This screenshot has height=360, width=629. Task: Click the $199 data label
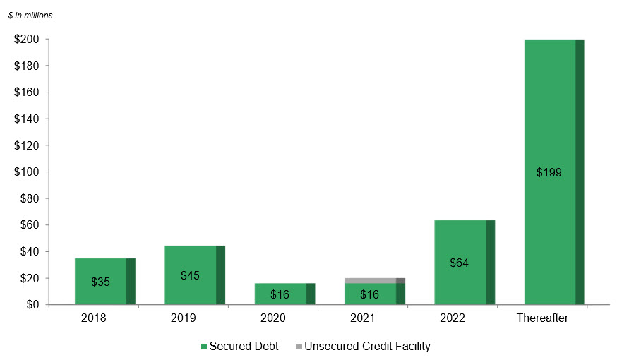549,172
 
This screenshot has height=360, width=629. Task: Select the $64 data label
459,263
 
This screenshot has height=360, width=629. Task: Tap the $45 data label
190,275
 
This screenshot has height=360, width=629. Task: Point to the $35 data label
100,282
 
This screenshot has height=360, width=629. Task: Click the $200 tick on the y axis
26,40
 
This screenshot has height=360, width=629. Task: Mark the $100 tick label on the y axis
26,172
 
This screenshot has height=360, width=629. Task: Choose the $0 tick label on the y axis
31,305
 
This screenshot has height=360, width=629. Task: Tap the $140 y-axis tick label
26,119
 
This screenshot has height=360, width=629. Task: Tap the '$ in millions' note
30,15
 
